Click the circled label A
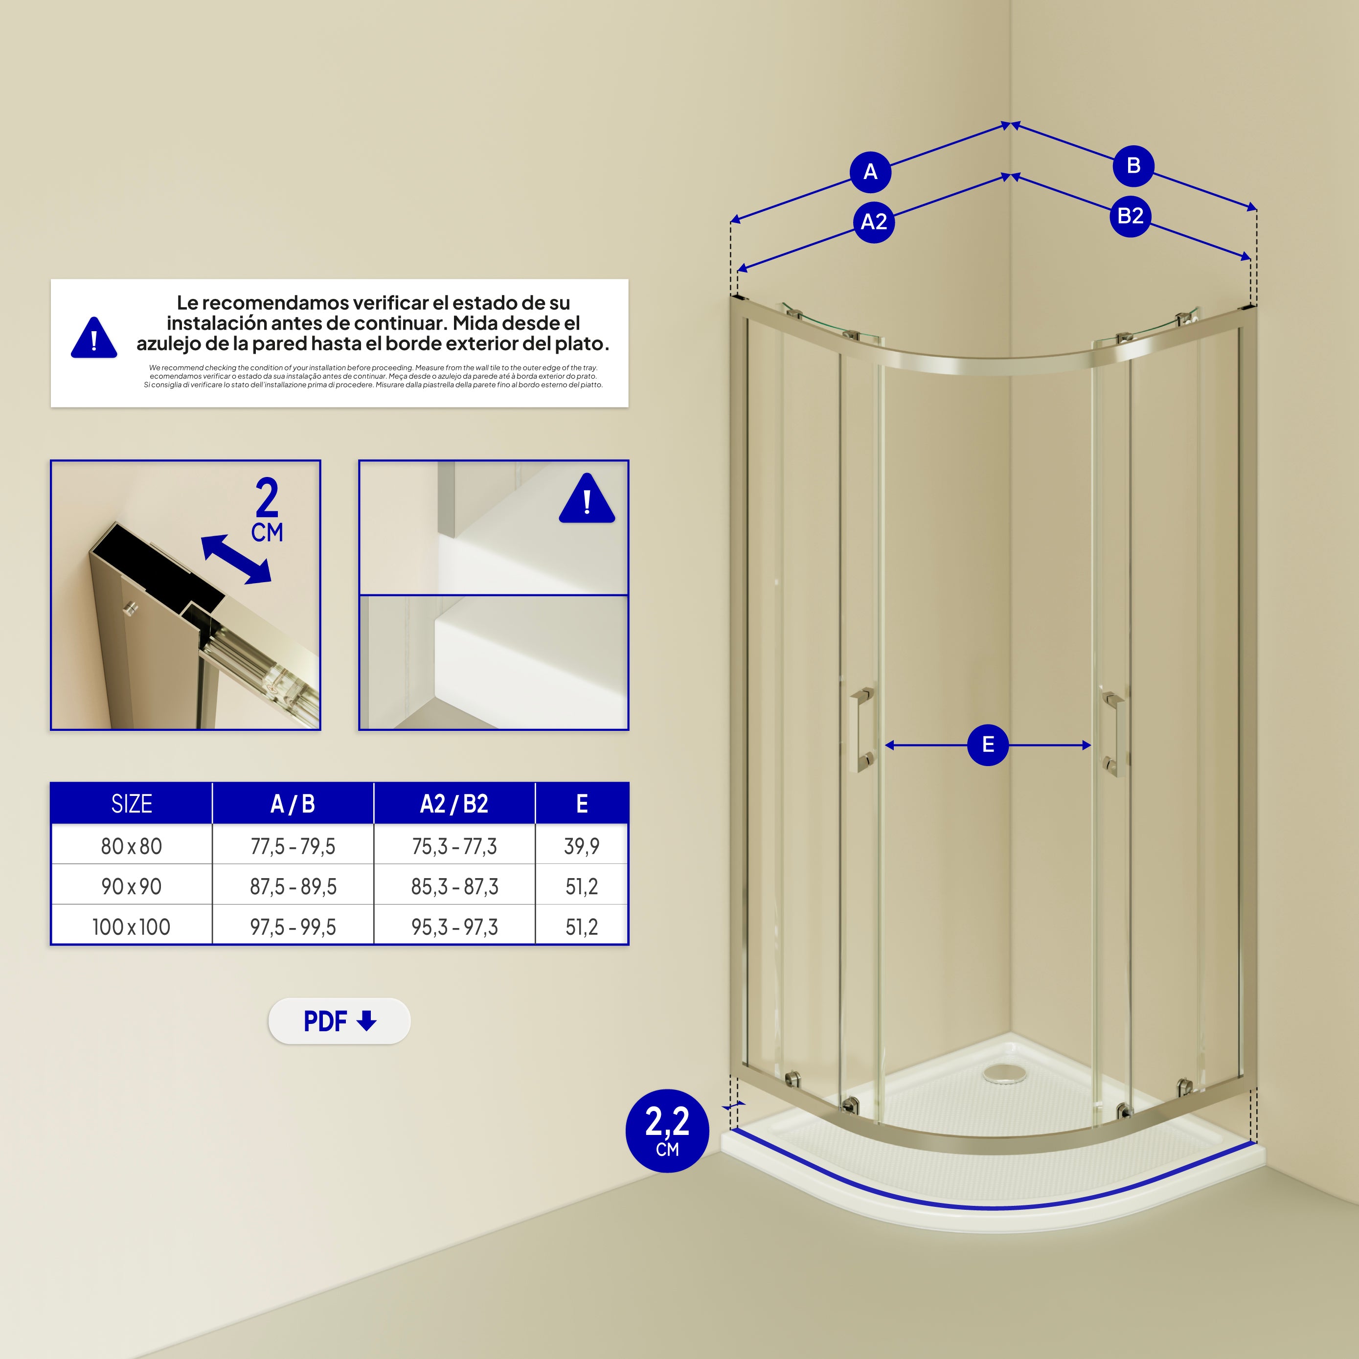click(x=870, y=172)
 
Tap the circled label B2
click(x=1131, y=216)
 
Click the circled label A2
click(x=874, y=222)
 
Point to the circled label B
click(x=1133, y=166)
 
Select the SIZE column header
click(x=132, y=803)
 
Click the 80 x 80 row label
click(x=132, y=846)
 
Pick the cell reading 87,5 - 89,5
click(x=294, y=887)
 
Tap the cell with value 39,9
click(x=582, y=846)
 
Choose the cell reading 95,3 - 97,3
click(x=454, y=927)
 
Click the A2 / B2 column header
click(x=454, y=803)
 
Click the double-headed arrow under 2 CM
click(x=236, y=559)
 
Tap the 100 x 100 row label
click(x=132, y=927)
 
